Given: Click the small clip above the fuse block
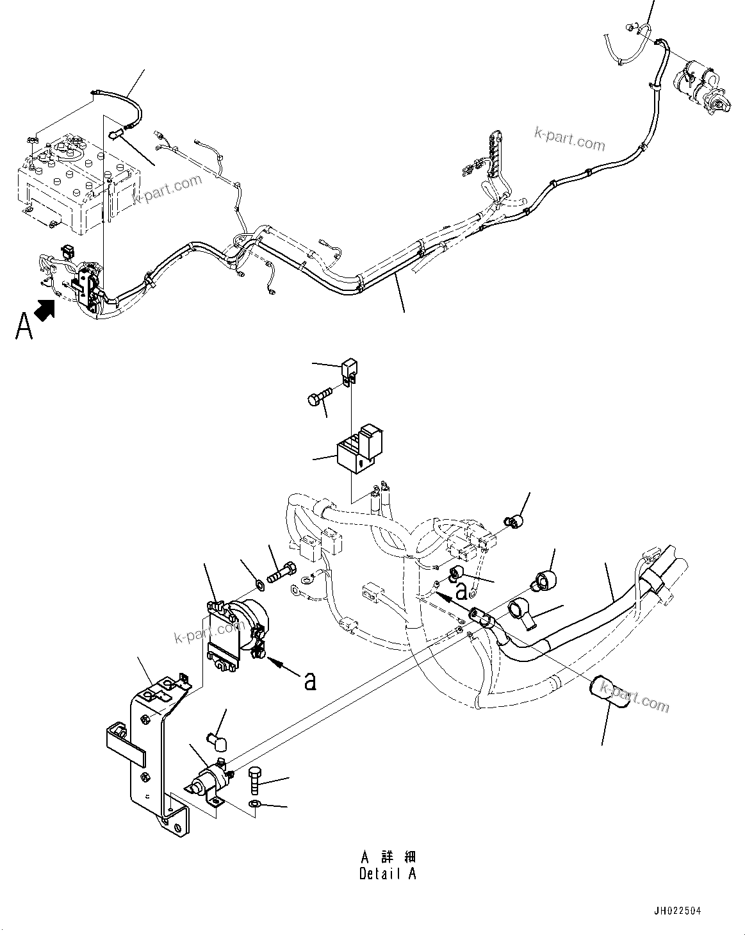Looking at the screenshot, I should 348,370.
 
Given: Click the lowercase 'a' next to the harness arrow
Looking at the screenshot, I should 460,589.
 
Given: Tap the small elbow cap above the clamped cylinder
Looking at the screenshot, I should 216,742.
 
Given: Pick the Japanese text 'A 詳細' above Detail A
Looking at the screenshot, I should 388,857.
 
